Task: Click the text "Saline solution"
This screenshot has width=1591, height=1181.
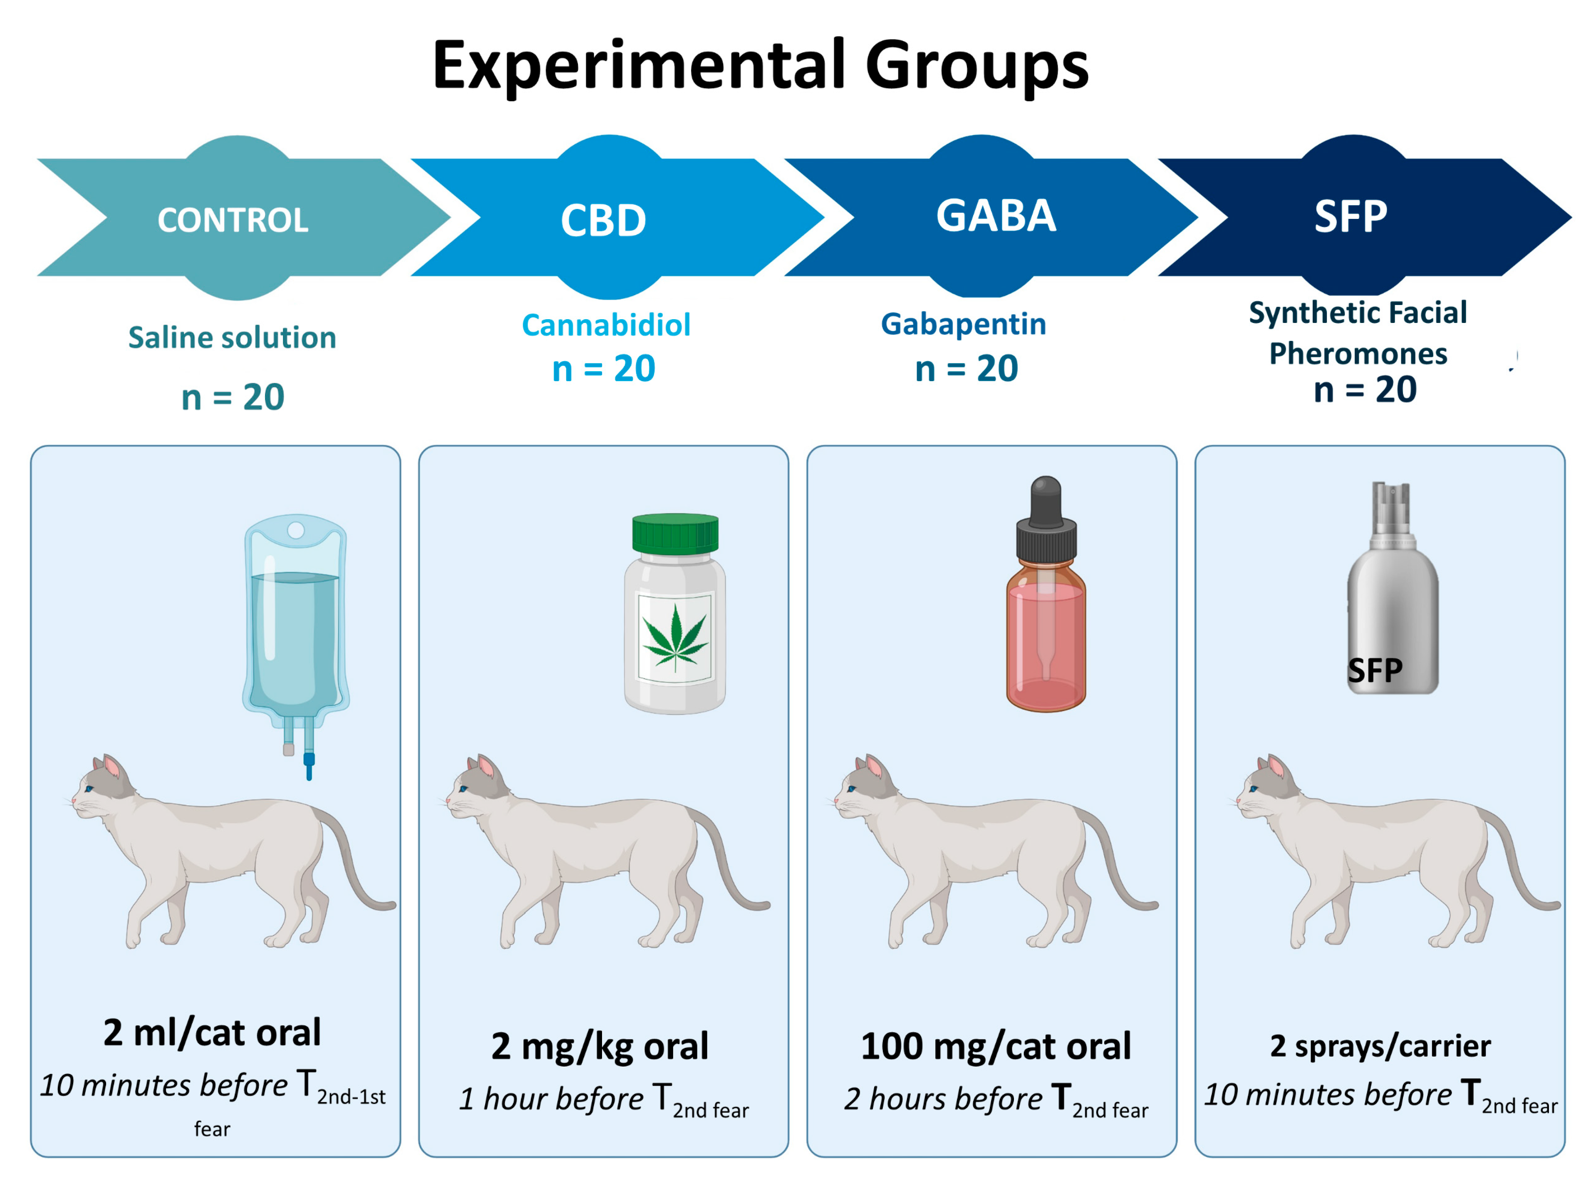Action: coord(232,337)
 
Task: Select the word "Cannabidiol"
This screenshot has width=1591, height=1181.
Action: coord(606,325)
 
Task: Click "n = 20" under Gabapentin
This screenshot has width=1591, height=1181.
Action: coord(966,369)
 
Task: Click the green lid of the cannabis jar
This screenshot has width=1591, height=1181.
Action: coord(675,533)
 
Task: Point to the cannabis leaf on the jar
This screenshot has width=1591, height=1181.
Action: coord(675,636)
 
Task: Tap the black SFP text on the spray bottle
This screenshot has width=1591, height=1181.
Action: coord(1374,670)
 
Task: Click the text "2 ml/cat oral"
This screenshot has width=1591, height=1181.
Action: coord(212,1032)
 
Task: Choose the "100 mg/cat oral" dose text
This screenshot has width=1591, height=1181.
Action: coord(996,1047)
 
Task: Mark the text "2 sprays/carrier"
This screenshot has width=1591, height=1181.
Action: coord(1380,1046)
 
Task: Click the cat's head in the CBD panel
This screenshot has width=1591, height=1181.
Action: coord(475,790)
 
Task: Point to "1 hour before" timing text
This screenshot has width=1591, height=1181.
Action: coord(550,1099)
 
